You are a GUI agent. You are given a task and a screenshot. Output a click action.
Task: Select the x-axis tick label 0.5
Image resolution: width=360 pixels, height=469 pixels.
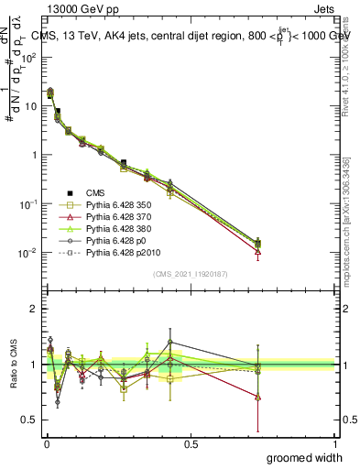pyautogui.click(x=191, y=442)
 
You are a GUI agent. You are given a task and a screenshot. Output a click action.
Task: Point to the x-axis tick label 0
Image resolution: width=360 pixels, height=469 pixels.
pyautogui.click(x=46, y=442)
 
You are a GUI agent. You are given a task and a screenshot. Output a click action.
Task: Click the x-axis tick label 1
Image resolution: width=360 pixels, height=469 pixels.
pyautogui.click(x=335, y=442)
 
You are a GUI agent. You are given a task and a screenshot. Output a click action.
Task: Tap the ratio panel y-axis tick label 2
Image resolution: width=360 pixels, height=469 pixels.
pyautogui.click(x=33, y=309)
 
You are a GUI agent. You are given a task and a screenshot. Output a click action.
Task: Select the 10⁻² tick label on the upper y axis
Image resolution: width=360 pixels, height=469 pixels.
pyautogui.click(x=29, y=252)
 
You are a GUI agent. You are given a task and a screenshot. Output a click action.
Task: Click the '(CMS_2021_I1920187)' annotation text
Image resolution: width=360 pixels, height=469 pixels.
pyautogui.click(x=191, y=273)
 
